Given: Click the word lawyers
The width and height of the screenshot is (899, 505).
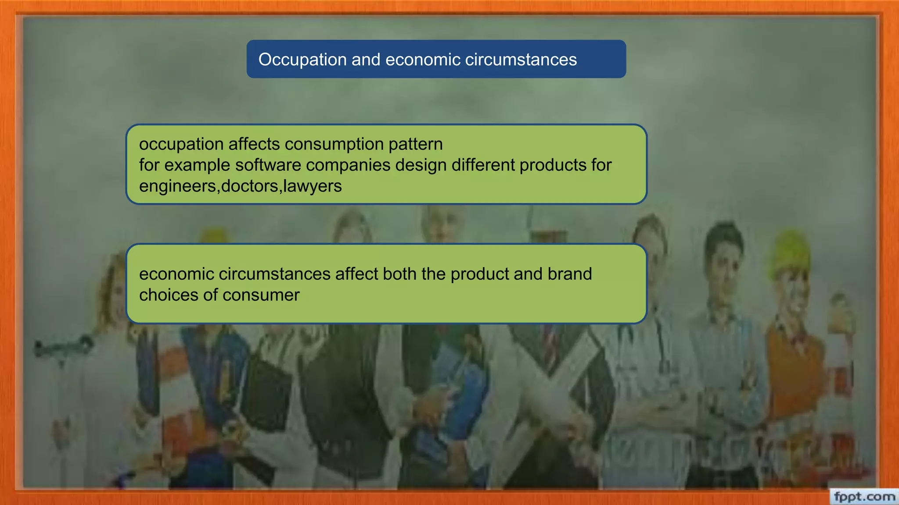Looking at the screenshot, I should pos(313,186).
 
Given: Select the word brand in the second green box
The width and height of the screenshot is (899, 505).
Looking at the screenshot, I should pos(569,274).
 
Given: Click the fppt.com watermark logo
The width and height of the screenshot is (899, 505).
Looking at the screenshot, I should pos(864,497).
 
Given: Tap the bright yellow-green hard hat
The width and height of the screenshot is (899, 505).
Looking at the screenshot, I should pos(790,252).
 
